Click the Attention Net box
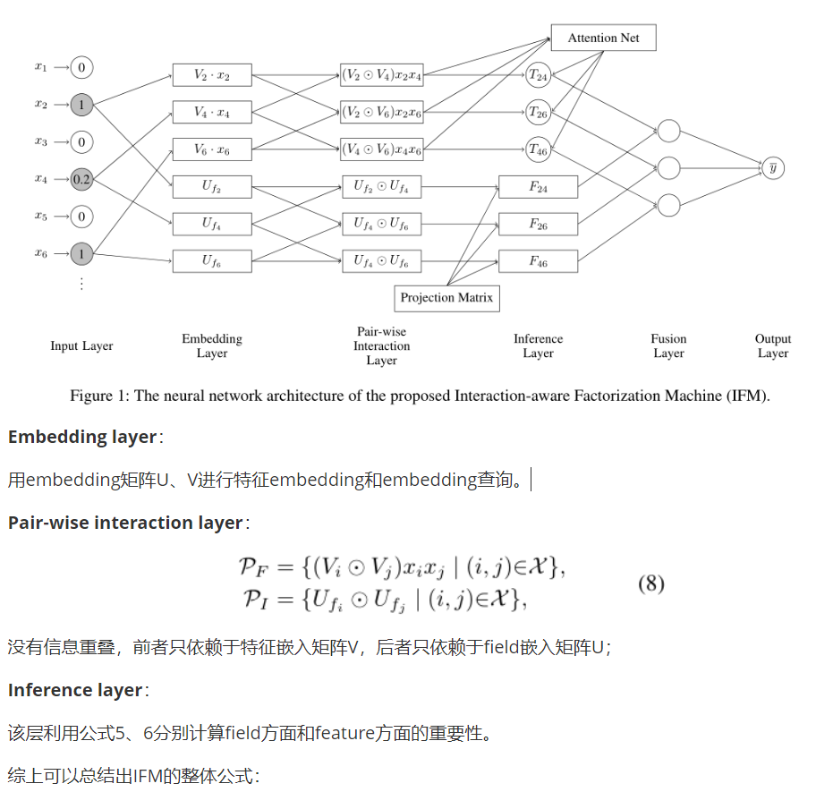(x=604, y=38)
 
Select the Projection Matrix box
(x=446, y=298)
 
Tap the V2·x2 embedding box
(x=212, y=75)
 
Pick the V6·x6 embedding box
(x=212, y=150)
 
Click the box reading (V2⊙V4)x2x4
(x=381, y=75)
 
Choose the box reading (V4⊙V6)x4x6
(x=381, y=150)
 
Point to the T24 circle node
(x=538, y=75)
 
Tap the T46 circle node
(x=538, y=150)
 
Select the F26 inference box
(x=538, y=224)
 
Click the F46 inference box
(x=538, y=261)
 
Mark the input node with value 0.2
(x=81, y=179)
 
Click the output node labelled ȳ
(x=772, y=166)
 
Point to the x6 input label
(x=41, y=253)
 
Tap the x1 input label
(x=41, y=66)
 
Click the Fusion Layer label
(x=668, y=345)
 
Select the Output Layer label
(x=773, y=345)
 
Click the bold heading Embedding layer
(x=82, y=437)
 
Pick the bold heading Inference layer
(x=75, y=690)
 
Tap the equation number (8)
(x=651, y=584)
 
